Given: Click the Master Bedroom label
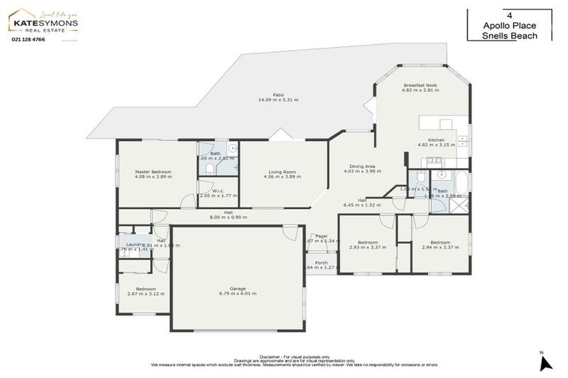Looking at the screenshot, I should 153,171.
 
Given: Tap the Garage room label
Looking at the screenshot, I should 237,288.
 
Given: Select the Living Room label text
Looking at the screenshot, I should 282,171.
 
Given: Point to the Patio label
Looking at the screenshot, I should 278,94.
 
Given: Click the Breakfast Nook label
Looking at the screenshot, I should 420,86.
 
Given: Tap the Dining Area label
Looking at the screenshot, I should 362,166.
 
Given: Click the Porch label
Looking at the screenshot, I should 321,262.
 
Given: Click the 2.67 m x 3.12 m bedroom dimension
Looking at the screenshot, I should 146,294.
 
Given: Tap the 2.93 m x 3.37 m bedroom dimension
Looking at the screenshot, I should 368,247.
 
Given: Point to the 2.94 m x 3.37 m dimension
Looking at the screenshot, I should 441,247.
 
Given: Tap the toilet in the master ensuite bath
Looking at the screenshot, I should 209,169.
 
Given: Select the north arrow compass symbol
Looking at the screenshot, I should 546,362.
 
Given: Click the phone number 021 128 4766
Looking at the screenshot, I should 29,39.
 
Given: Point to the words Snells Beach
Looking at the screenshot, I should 509,35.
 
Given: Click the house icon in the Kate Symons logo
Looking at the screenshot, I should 20,14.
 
